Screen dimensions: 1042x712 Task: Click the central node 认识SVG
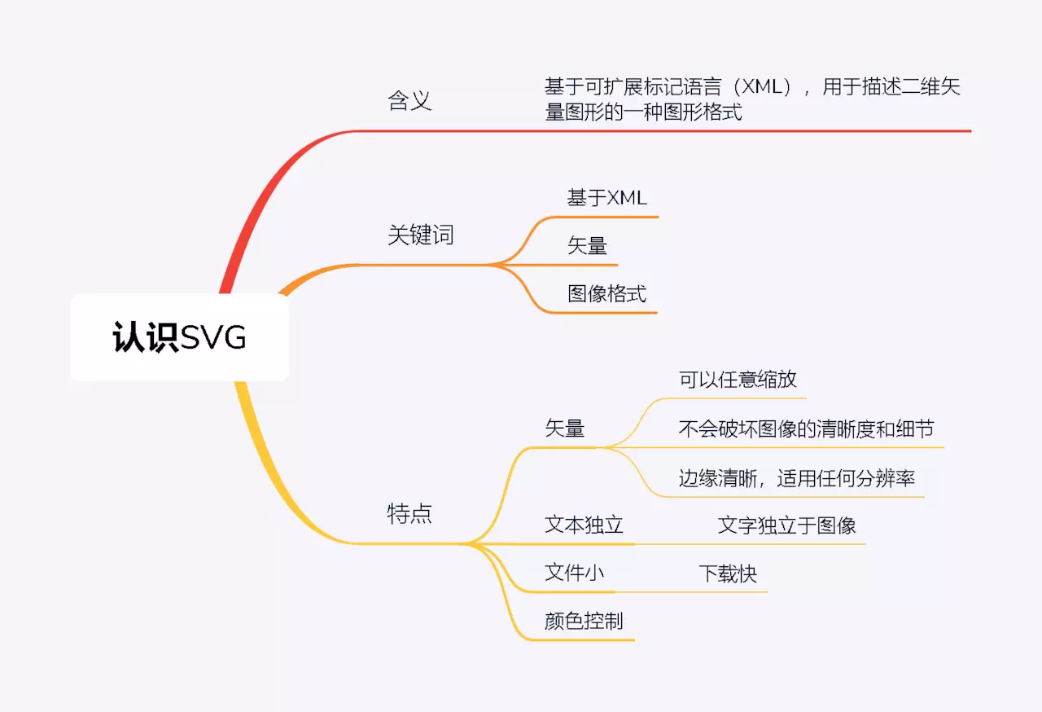tap(179, 337)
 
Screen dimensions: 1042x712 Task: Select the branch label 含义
tap(409, 101)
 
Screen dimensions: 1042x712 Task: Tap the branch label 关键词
tap(420, 235)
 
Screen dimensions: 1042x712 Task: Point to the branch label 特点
tap(409, 513)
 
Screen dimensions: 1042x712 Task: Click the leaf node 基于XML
tap(606, 197)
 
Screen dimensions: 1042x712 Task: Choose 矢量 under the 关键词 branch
tap(587, 245)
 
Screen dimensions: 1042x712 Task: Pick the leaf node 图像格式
tap(606, 293)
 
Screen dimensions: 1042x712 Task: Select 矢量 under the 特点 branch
tap(564, 428)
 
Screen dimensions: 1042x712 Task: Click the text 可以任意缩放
tap(737, 380)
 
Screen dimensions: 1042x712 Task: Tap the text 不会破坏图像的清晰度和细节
tap(806, 429)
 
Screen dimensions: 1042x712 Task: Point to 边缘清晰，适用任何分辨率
tap(797, 478)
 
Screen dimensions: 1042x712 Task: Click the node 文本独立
tap(584, 525)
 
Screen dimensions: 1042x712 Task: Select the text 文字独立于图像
tap(786, 525)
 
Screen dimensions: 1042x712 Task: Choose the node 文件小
tap(574, 574)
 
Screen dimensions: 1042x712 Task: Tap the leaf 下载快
tap(728, 574)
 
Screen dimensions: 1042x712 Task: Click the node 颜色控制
tap(584, 622)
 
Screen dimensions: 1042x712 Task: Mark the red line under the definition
tap(733, 130)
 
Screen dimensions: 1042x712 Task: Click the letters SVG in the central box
tap(213, 337)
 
